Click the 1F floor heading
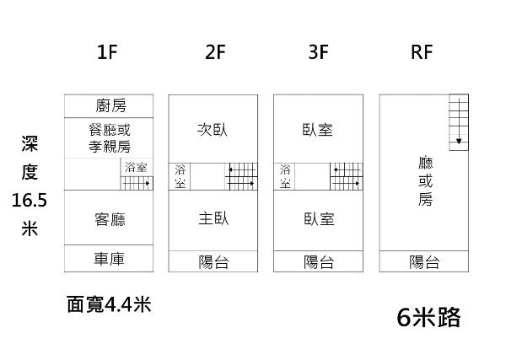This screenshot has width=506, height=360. [107, 53]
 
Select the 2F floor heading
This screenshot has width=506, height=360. [215, 53]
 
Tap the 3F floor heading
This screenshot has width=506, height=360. [318, 53]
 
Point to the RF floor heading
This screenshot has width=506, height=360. [422, 53]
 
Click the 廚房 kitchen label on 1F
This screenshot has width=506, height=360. [110, 105]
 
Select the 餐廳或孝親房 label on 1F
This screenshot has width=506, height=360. [110, 137]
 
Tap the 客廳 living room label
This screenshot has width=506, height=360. [110, 219]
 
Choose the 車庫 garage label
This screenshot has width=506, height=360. [110, 259]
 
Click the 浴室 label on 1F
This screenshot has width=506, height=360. [136, 168]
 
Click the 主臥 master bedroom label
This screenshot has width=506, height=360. [213, 219]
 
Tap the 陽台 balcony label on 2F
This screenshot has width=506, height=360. [213, 262]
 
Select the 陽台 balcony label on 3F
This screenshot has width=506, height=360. [318, 262]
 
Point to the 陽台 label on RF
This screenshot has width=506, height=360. [423, 262]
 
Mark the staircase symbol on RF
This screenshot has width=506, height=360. [457, 121]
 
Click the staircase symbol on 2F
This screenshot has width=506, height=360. [241, 176]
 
